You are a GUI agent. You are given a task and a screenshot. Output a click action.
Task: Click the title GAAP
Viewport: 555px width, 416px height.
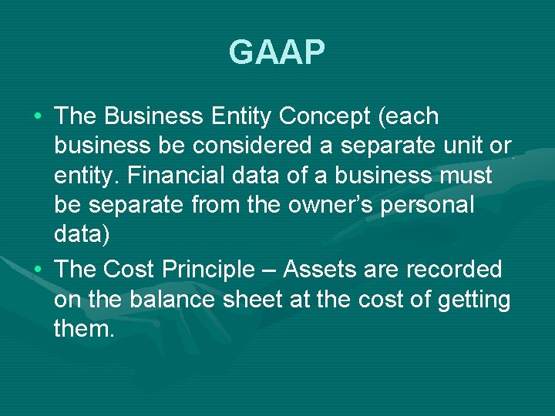pyautogui.click(x=277, y=53)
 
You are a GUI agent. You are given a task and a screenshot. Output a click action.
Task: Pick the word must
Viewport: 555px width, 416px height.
pyautogui.click(x=464, y=176)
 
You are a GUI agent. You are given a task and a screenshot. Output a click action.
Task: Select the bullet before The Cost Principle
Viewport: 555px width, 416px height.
pyautogui.click(x=38, y=270)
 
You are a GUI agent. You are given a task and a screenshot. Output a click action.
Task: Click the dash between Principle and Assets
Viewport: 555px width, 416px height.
pyautogui.click(x=272, y=270)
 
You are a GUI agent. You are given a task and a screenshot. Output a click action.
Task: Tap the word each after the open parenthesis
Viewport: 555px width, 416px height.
pyautogui.click(x=412, y=117)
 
